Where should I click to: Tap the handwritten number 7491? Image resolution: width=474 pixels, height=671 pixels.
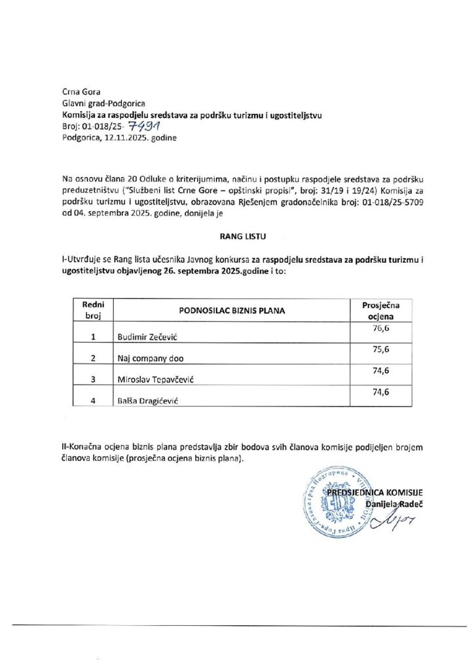point(146,126)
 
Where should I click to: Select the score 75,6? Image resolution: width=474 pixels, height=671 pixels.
point(381,350)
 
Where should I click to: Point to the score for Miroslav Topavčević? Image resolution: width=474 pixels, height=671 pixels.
point(381,371)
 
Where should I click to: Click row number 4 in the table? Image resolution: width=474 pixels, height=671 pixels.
point(94,401)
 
